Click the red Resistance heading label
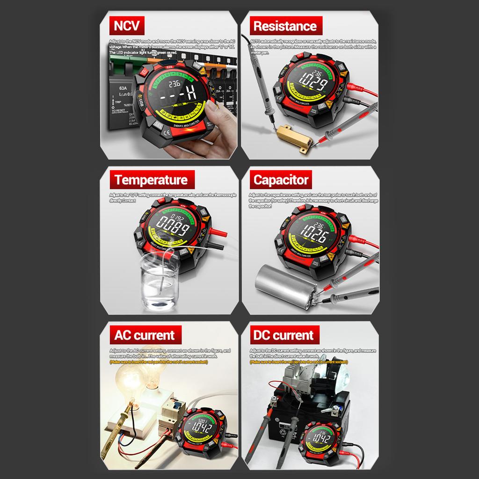[x=285, y=26]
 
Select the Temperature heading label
[x=151, y=180]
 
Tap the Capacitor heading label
[x=281, y=180]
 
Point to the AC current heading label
[x=144, y=335]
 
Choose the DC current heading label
[x=282, y=335]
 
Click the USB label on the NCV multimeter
[x=141, y=102]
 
